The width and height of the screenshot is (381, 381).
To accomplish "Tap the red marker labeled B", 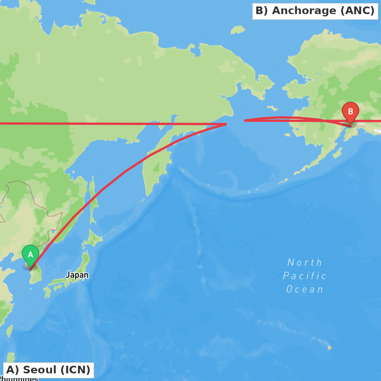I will click(x=350, y=112).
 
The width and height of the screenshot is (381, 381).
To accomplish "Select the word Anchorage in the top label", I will click(x=304, y=11).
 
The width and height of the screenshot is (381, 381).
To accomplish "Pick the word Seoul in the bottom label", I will click(x=37, y=370).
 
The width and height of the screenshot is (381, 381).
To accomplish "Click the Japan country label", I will click(x=77, y=275).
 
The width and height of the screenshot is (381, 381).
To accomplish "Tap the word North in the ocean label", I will click(x=305, y=263).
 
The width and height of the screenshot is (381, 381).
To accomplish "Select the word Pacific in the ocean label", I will click(x=305, y=276).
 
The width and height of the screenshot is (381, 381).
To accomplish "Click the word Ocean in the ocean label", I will click(x=305, y=289).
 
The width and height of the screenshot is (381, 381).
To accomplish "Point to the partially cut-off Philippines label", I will click(x=19, y=379).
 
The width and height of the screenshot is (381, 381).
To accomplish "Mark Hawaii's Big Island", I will click(x=330, y=347).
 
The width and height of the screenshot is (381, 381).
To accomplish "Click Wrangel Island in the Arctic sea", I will click(x=238, y=29).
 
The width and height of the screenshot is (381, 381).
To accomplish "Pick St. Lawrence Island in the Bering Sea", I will click(x=272, y=108).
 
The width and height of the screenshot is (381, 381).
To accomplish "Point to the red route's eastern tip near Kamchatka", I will click(x=226, y=124).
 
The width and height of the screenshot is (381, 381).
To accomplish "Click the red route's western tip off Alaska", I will click(x=245, y=120).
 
